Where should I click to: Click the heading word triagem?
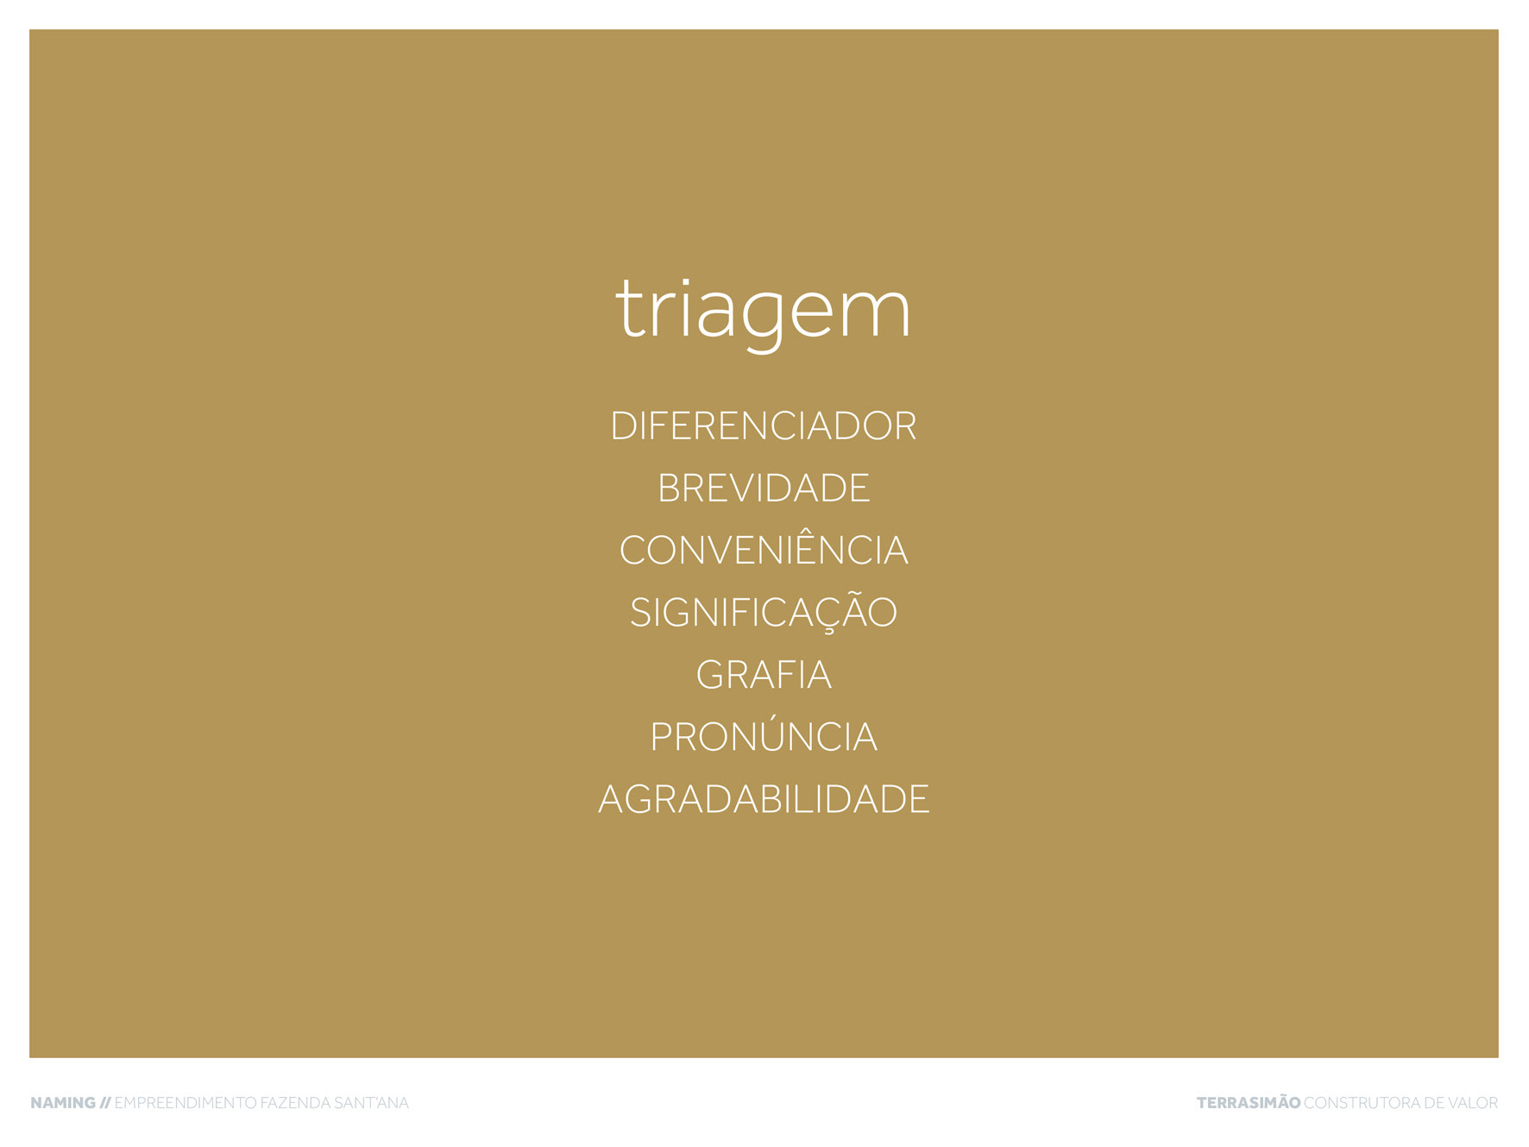[764, 312]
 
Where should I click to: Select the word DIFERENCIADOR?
[764, 426]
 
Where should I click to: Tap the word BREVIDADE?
[764, 488]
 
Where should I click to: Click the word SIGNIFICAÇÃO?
[764, 610]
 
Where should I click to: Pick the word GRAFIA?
[764, 675]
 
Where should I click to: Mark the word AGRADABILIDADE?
[764, 799]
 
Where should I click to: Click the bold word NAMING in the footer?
[63, 1103]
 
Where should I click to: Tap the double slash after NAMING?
[105, 1103]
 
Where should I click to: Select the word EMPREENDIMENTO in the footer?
[186, 1103]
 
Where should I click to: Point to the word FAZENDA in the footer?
[296, 1103]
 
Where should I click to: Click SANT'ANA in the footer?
[372, 1103]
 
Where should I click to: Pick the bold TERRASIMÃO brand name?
[1249, 1102]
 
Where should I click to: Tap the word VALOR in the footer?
[1474, 1103]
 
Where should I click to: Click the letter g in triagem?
[764, 319]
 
